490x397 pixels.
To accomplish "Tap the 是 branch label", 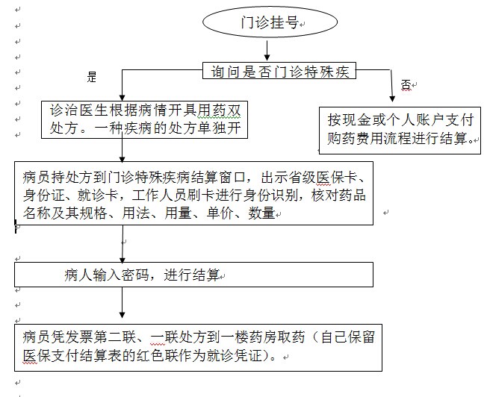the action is pyautogui.click(x=92, y=77).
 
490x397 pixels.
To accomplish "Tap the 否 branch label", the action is pyautogui.click(x=406, y=84).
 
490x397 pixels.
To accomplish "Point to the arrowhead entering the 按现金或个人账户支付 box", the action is pyautogui.click(x=392, y=99).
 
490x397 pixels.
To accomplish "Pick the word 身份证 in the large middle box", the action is pyautogui.click(x=43, y=196).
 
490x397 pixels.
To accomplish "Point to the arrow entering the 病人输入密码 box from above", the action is pyautogui.click(x=122, y=244).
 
